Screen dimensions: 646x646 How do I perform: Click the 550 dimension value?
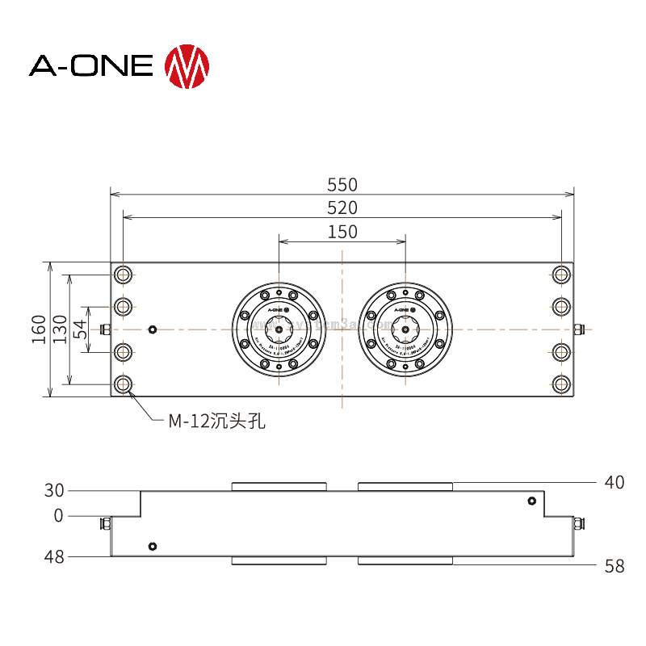[x=342, y=185]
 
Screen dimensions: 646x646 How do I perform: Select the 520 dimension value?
[x=342, y=208]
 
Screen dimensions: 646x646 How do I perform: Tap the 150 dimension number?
[x=342, y=233]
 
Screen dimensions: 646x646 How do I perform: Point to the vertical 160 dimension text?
[x=39, y=329]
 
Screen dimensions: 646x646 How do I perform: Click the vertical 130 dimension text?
[x=59, y=329]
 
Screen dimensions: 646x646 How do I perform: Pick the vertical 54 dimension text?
[x=79, y=329]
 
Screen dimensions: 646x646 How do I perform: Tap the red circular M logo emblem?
[x=187, y=66]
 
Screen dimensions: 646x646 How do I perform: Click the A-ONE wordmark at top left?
[x=91, y=66]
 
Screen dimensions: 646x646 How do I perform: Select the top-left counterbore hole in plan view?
[x=124, y=275]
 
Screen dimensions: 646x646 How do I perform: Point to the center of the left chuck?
[x=279, y=329]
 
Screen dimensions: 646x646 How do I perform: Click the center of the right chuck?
[x=405, y=329]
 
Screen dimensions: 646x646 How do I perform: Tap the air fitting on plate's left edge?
[x=104, y=329]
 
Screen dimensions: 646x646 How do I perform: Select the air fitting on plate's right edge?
[x=579, y=329]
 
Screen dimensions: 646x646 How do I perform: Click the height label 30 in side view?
[x=54, y=490]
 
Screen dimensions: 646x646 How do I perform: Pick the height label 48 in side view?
[x=54, y=557]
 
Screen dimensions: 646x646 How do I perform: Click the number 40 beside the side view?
[x=615, y=483]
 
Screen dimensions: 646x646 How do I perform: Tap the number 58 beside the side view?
[x=615, y=567]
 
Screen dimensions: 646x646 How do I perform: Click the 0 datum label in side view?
[x=58, y=515]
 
